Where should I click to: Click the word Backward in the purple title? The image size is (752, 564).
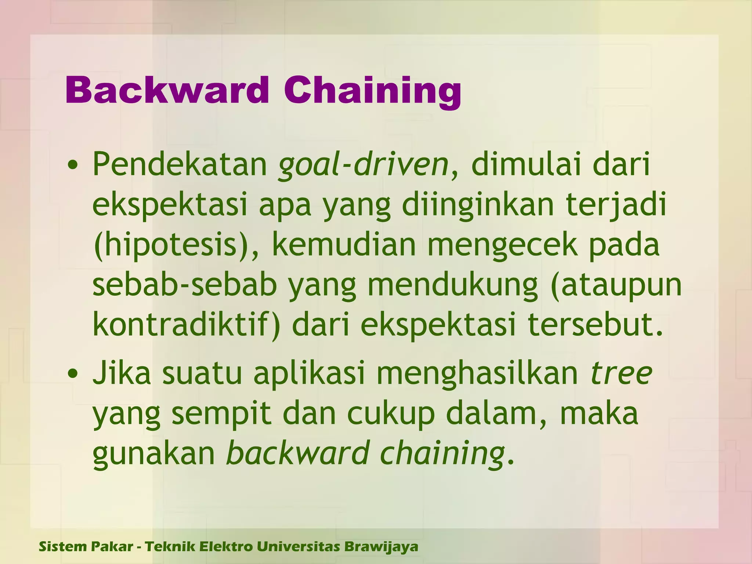(x=167, y=90)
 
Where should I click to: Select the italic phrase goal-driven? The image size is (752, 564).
(x=363, y=164)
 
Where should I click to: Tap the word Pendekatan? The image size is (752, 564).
(x=180, y=164)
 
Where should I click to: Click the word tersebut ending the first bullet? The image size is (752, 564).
(x=595, y=325)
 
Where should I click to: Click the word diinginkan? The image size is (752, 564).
(x=477, y=205)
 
